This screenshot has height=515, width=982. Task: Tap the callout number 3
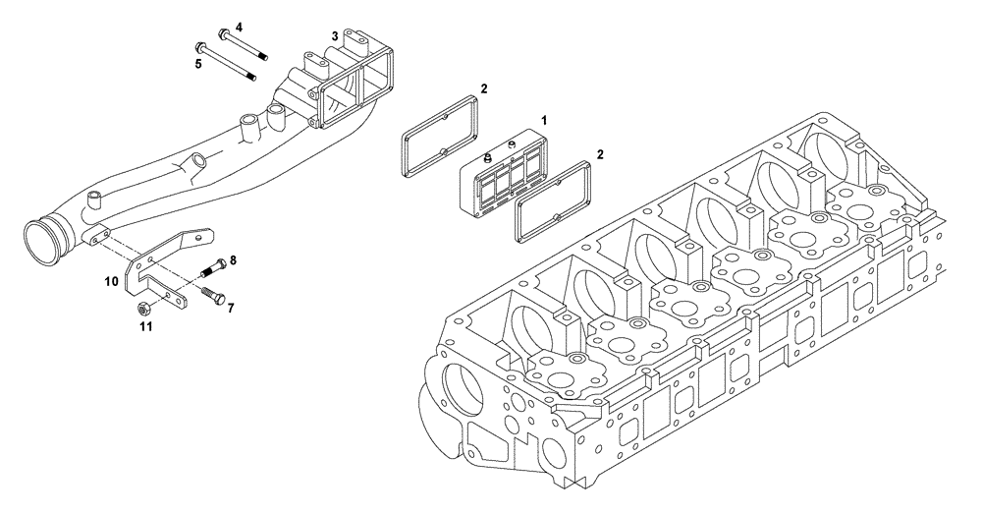pos(335,35)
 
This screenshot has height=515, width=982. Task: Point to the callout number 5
pos(197,64)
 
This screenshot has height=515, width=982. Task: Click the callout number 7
pos(231,308)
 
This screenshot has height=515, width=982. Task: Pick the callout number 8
pos(233,260)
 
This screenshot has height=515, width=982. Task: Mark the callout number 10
pos(113,281)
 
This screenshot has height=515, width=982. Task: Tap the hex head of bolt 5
pos(201,47)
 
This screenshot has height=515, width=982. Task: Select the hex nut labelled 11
pos(143,308)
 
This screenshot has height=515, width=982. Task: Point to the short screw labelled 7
pos(214,297)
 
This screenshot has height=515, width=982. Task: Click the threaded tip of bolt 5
pos(252,79)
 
